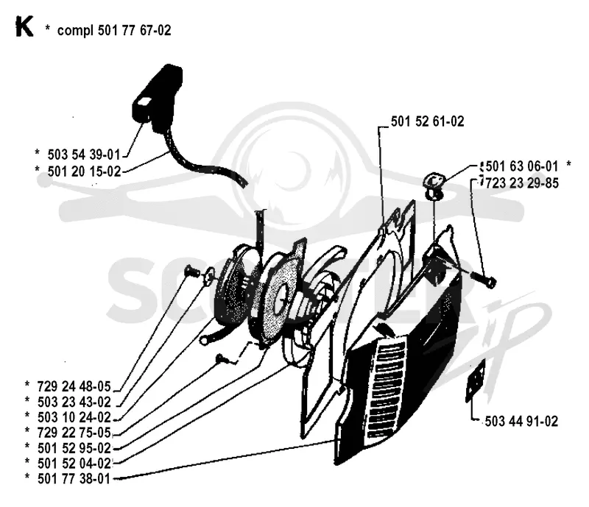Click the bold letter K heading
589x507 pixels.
(24, 27)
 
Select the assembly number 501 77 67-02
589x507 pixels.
(134, 30)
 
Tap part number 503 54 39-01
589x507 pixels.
(83, 155)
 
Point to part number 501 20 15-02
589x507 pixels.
(84, 171)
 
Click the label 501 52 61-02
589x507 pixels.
(428, 121)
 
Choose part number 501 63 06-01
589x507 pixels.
(521, 166)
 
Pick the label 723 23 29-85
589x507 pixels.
(522, 183)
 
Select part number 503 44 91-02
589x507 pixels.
(521, 421)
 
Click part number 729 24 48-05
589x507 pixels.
(74, 386)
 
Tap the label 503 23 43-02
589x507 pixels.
(74, 402)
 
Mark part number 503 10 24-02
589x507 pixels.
(74, 417)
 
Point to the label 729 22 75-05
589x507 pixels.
(74, 433)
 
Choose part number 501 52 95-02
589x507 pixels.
(74, 448)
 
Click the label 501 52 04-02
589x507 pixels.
(74, 464)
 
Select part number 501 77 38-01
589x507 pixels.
(74, 479)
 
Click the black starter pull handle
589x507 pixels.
(158, 98)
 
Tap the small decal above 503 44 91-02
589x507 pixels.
(476, 380)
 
